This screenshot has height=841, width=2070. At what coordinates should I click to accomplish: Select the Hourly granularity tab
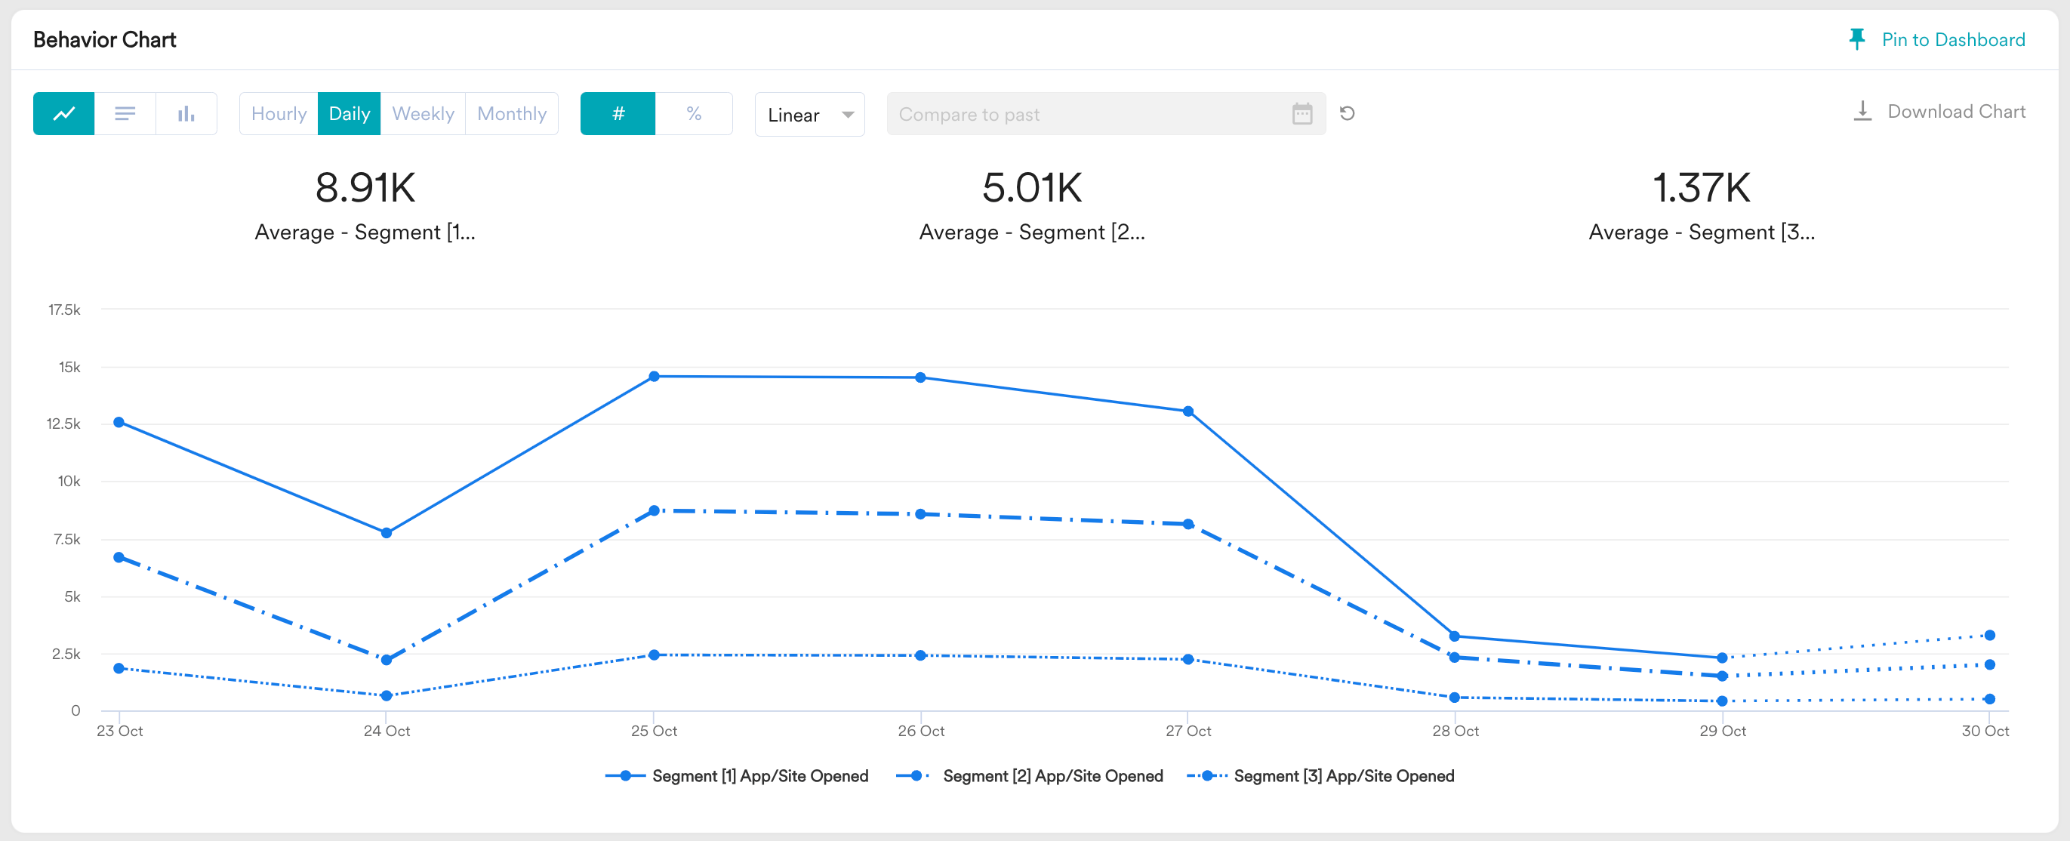pos(279,113)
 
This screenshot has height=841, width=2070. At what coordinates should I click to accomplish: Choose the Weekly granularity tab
pos(423,113)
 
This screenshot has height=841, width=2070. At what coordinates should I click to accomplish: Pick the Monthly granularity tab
pos(512,113)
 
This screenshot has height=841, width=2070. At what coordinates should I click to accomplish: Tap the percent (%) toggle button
pos(695,113)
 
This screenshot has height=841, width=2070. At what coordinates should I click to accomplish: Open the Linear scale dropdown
pos(809,114)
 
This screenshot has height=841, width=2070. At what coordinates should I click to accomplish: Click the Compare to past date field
pos(1106,114)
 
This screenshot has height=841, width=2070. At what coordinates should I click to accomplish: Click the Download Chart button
pos(1939,112)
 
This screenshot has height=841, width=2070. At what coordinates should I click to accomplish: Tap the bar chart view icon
pos(186,113)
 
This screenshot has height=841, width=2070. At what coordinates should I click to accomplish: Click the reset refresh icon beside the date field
pos(1348,113)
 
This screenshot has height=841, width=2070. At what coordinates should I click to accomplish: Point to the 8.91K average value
pos(365,188)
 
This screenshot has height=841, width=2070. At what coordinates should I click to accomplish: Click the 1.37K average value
pos(1701,188)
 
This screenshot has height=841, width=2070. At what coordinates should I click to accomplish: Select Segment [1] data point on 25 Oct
pos(654,376)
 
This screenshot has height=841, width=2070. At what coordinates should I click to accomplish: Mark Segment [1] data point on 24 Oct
pos(387,532)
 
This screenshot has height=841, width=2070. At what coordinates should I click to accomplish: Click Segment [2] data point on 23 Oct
pos(119,556)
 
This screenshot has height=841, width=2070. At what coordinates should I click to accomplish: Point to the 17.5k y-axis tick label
pos(64,310)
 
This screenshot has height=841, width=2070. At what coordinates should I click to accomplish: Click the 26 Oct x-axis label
pos(921,731)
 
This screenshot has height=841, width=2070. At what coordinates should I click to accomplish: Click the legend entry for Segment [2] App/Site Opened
pos(1030,776)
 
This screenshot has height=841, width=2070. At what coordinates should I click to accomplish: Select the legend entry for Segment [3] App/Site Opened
pos(1321,776)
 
